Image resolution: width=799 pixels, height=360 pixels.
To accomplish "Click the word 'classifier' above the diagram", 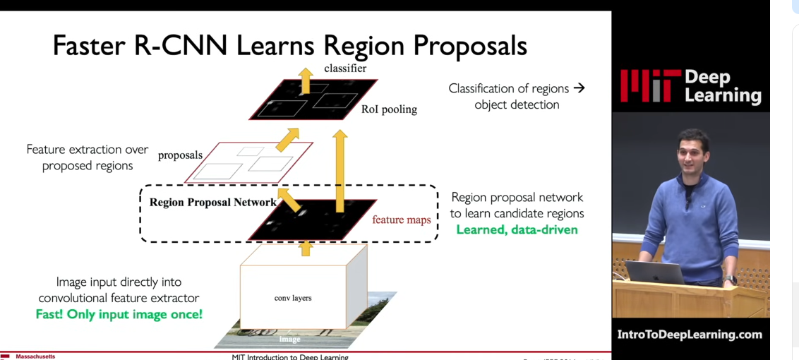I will pyautogui.click(x=345, y=68).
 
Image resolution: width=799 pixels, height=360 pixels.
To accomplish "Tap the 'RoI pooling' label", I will pyautogui.click(x=389, y=109).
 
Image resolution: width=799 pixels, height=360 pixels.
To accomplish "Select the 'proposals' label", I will pyautogui.click(x=180, y=155).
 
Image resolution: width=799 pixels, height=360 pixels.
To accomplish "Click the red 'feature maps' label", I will pyautogui.click(x=401, y=220).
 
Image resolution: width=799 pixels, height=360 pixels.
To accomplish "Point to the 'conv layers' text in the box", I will pyautogui.click(x=293, y=298).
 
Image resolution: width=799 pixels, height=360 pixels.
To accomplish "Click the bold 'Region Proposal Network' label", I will pyautogui.click(x=212, y=203).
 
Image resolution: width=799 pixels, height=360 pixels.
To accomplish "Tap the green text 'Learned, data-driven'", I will pyautogui.click(x=517, y=229).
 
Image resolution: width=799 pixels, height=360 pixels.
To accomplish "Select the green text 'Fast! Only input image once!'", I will pyautogui.click(x=119, y=314).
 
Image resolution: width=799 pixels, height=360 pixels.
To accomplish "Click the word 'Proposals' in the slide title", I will pyautogui.click(x=469, y=46).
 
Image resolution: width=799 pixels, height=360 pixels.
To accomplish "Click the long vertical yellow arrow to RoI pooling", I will pyautogui.click(x=340, y=169).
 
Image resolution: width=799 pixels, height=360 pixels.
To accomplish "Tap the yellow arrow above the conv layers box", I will pyautogui.click(x=306, y=247).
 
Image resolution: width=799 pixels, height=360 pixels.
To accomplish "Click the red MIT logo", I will pyautogui.click(x=649, y=86).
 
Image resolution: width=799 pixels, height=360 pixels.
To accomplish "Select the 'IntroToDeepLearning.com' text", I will pyautogui.click(x=690, y=335).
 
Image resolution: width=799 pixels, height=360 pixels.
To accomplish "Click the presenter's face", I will pyautogui.click(x=692, y=152).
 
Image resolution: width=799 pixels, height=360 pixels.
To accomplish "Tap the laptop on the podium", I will pyautogui.click(x=655, y=272).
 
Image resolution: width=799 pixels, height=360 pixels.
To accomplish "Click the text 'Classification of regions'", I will pyautogui.click(x=508, y=89).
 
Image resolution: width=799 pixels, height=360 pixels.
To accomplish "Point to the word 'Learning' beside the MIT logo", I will pyautogui.click(x=723, y=95).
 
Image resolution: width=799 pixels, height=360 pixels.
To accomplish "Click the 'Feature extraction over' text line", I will pyautogui.click(x=88, y=150).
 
